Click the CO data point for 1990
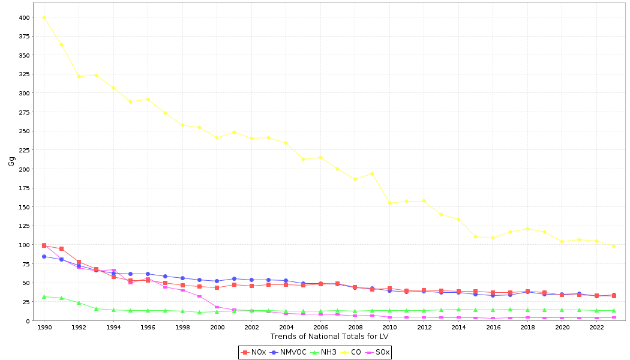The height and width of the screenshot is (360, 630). click(x=44, y=17)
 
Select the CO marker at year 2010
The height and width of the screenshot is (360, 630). click(x=389, y=203)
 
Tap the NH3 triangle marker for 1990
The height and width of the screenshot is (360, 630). click(x=44, y=296)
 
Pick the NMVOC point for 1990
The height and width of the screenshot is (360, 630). click(x=44, y=256)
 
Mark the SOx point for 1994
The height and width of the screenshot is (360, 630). click(x=113, y=270)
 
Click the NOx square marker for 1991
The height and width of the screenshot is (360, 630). click(x=61, y=248)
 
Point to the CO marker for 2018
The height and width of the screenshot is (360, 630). click(x=527, y=229)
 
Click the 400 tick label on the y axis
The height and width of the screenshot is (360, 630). click(x=23, y=17)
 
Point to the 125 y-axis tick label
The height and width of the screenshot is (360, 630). click(x=23, y=226)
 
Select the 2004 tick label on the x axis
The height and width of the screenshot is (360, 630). click(x=286, y=328)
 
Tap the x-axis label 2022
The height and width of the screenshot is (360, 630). click(x=596, y=328)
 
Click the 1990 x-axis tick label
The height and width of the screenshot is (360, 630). click(x=44, y=328)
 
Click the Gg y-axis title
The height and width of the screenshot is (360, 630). click(x=11, y=161)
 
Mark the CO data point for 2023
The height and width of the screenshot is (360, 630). click(x=614, y=246)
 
